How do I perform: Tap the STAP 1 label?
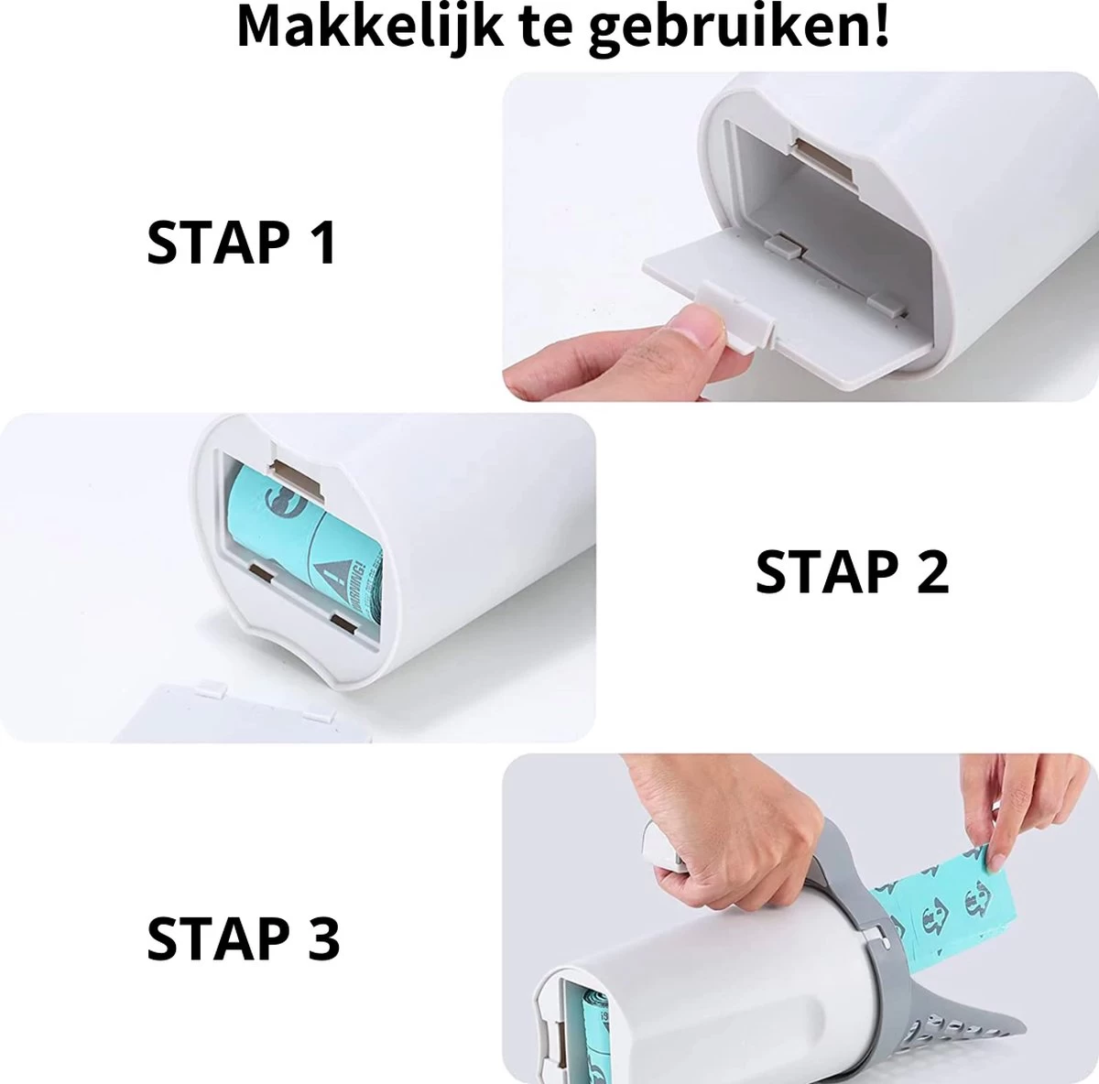pyautogui.click(x=242, y=243)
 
